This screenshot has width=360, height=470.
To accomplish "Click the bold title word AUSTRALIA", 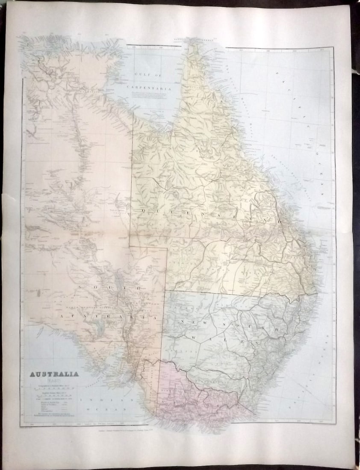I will pos(54,374).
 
